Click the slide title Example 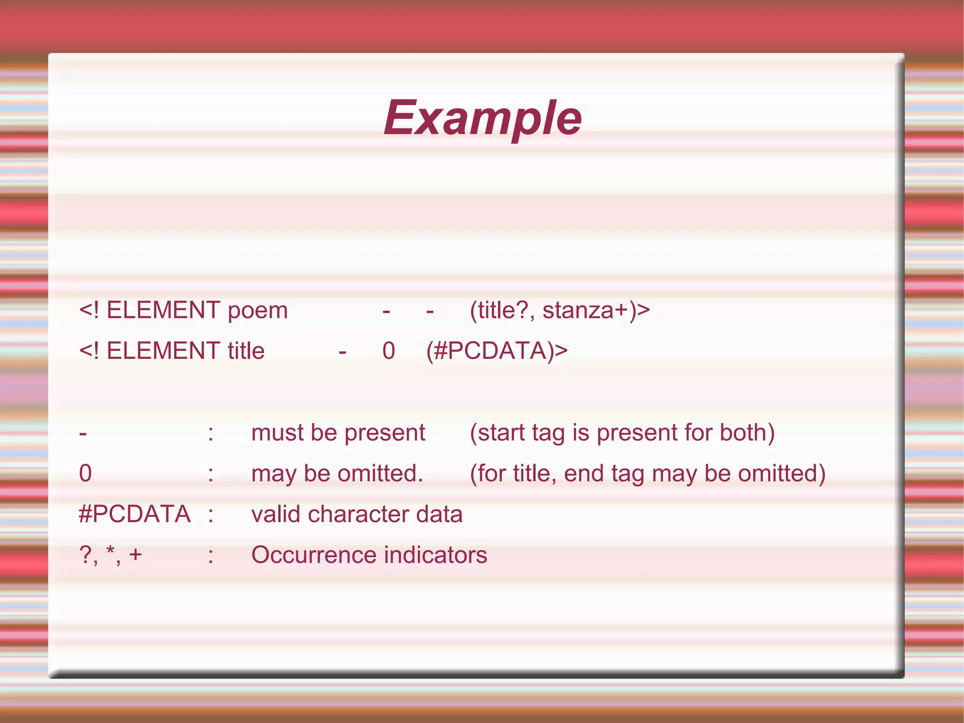pos(482,118)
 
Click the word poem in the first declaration pos(257,311)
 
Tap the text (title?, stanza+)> pos(560,310)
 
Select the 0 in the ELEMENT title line pos(388,351)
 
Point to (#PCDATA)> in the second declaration pos(497,351)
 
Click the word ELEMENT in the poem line pos(163,310)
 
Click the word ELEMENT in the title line pos(163,351)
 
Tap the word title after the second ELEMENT pos(246,351)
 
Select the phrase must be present pos(338,432)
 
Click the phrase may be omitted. pos(337,473)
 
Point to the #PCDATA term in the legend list pos(135,514)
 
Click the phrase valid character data pos(357,514)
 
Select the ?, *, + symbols pos(110,555)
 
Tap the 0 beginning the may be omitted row pos(85,473)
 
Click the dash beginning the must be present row pos(83,433)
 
